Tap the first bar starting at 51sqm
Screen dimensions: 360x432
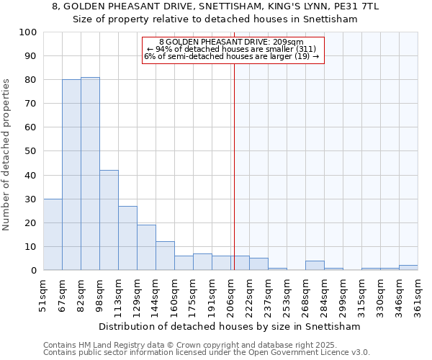point(53,235)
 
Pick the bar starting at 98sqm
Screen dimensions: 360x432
point(109,220)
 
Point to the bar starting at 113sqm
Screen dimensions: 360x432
point(127,238)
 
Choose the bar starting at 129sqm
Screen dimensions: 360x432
point(146,248)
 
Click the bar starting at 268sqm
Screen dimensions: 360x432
point(315,266)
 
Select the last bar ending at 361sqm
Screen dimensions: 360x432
point(408,268)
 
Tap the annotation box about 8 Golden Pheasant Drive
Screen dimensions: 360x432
point(233,49)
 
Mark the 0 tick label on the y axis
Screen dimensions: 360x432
point(33,271)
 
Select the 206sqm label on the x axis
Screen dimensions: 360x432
point(231,297)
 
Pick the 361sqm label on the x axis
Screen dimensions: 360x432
point(418,297)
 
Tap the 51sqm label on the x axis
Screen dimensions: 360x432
point(44,297)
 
